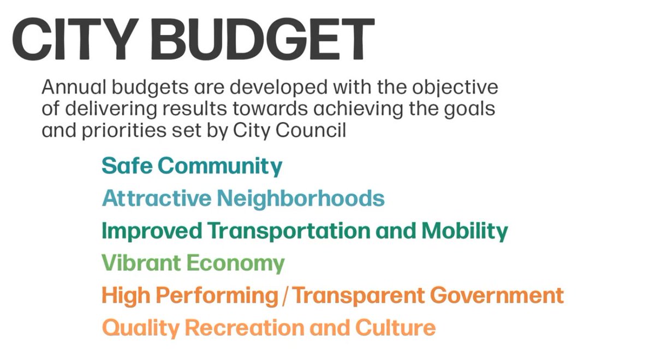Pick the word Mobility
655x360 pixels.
pos(464,231)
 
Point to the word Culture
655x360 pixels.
pos(395,328)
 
